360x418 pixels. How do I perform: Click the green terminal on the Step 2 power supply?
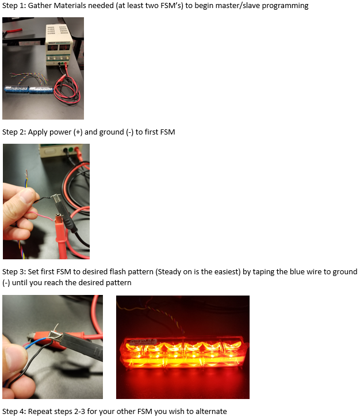click(x=70, y=150)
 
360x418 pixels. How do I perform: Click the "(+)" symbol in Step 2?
click(x=78, y=132)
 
